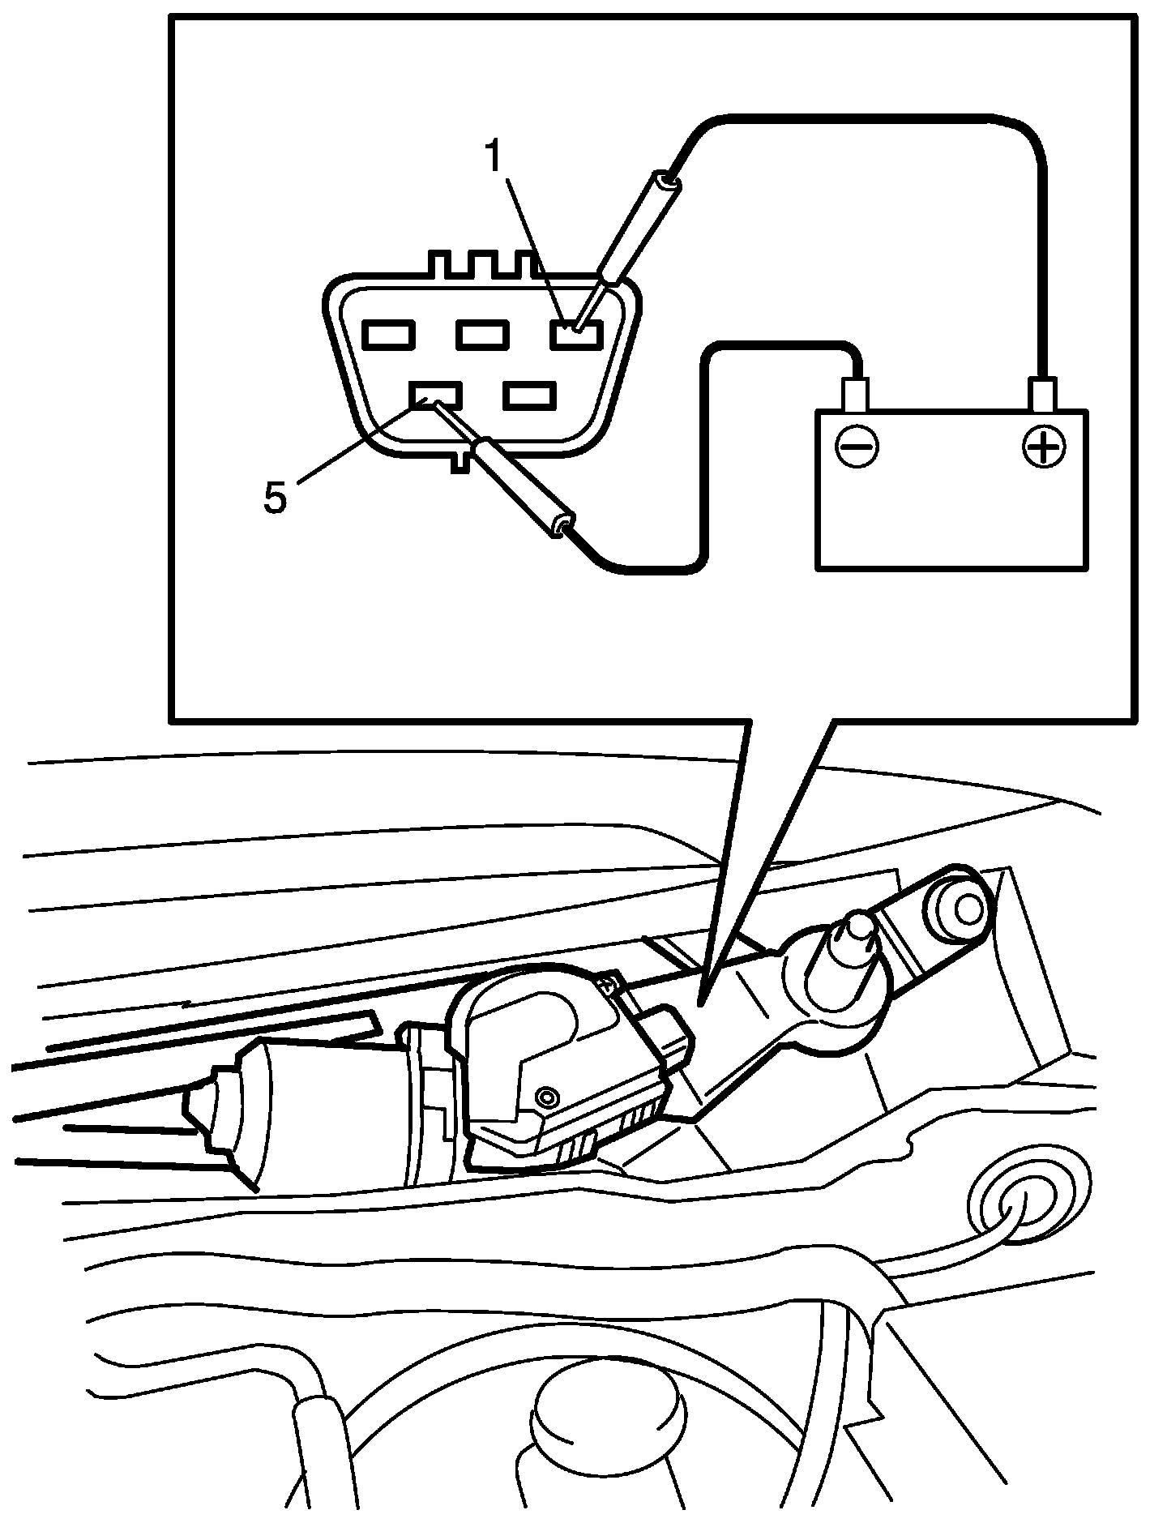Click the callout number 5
pos(275,496)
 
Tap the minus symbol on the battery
pos(857,445)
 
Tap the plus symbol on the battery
pos(1044,445)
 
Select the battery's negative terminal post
pos(856,395)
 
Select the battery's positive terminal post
pos(1043,395)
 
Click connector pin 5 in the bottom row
pos(436,395)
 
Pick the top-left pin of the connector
pos(389,333)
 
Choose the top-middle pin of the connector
pos(482,333)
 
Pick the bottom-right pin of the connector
pos(529,395)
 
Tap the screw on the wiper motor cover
pos(549,1097)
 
